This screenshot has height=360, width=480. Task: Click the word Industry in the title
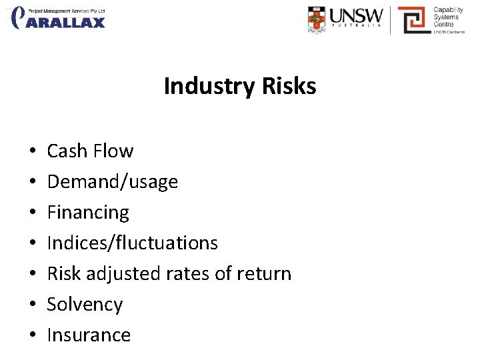coord(203,87)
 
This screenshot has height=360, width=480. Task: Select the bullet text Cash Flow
coord(90,151)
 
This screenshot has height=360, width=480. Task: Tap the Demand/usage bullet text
coord(112,182)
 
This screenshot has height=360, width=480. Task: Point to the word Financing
coord(88,213)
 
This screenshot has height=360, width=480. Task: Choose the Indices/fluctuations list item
coord(132,243)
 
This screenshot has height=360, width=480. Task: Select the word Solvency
coord(85,305)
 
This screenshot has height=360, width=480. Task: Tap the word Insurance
coord(89,335)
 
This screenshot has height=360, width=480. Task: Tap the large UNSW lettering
coord(358,15)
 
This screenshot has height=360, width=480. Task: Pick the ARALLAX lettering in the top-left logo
coord(67,23)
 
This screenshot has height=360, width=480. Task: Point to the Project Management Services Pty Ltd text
coord(67,11)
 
